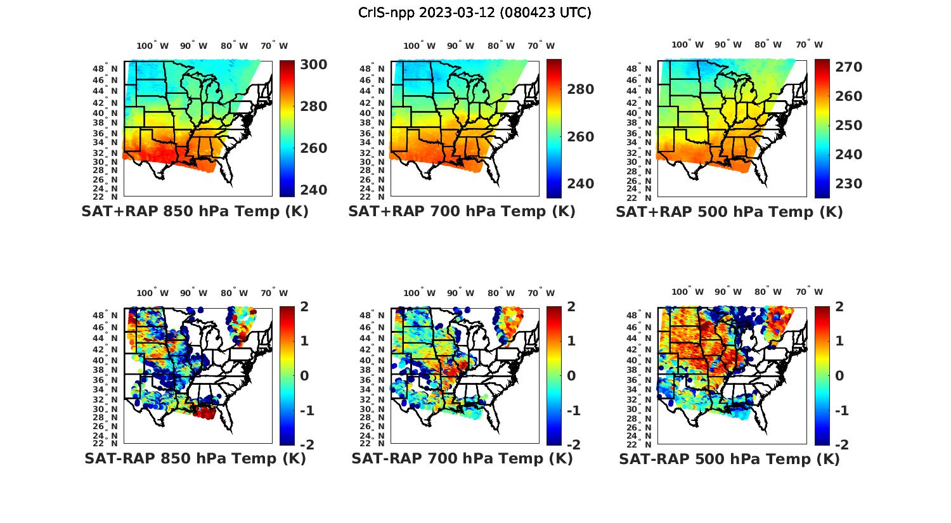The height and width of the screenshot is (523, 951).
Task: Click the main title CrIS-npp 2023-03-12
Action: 475,13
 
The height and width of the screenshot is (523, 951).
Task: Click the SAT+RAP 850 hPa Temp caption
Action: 195,212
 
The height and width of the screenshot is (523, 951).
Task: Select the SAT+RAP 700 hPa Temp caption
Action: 462,212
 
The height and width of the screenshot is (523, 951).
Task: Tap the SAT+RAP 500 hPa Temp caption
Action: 729,212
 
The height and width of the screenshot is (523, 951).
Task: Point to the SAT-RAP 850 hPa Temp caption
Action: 195,458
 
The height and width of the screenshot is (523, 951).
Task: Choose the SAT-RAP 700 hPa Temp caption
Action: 462,458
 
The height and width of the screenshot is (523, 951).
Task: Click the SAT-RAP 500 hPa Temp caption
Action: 729,458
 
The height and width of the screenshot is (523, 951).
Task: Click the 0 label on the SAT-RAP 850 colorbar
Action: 304,376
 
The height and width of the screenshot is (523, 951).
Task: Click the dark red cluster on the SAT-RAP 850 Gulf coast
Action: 204,413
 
